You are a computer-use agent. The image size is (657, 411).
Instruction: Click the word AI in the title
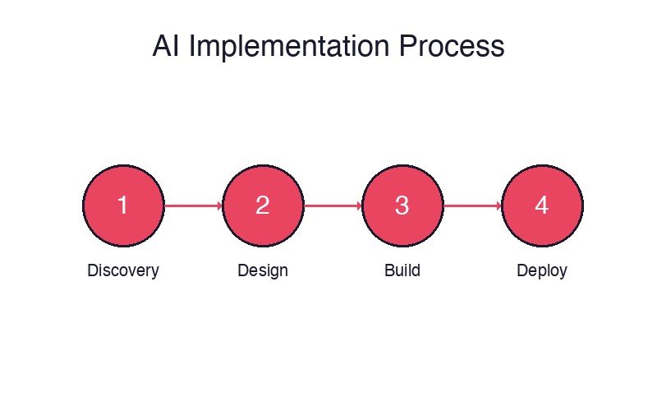(x=167, y=46)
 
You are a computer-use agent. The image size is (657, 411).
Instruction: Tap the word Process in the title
(x=452, y=46)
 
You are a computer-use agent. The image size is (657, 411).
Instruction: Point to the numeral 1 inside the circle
(x=123, y=205)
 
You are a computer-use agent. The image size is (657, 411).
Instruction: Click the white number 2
(x=263, y=205)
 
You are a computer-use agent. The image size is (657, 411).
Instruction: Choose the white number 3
(x=402, y=205)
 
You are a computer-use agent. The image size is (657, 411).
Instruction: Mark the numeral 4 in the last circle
(x=542, y=205)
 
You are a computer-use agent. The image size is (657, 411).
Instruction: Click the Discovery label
(x=123, y=270)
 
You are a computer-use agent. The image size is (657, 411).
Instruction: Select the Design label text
(x=263, y=270)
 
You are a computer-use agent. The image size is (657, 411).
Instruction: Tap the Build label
(x=402, y=270)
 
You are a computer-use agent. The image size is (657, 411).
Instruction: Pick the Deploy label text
(x=542, y=270)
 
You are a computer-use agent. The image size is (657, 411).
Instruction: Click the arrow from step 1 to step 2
(x=193, y=205)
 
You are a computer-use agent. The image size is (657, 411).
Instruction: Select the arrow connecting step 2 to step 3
(x=333, y=205)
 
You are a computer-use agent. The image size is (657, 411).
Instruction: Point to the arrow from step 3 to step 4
(x=472, y=205)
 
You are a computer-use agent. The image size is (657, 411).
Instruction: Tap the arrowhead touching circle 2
(x=219, y=205)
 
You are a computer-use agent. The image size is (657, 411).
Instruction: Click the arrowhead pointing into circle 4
(x=498, y=205)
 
